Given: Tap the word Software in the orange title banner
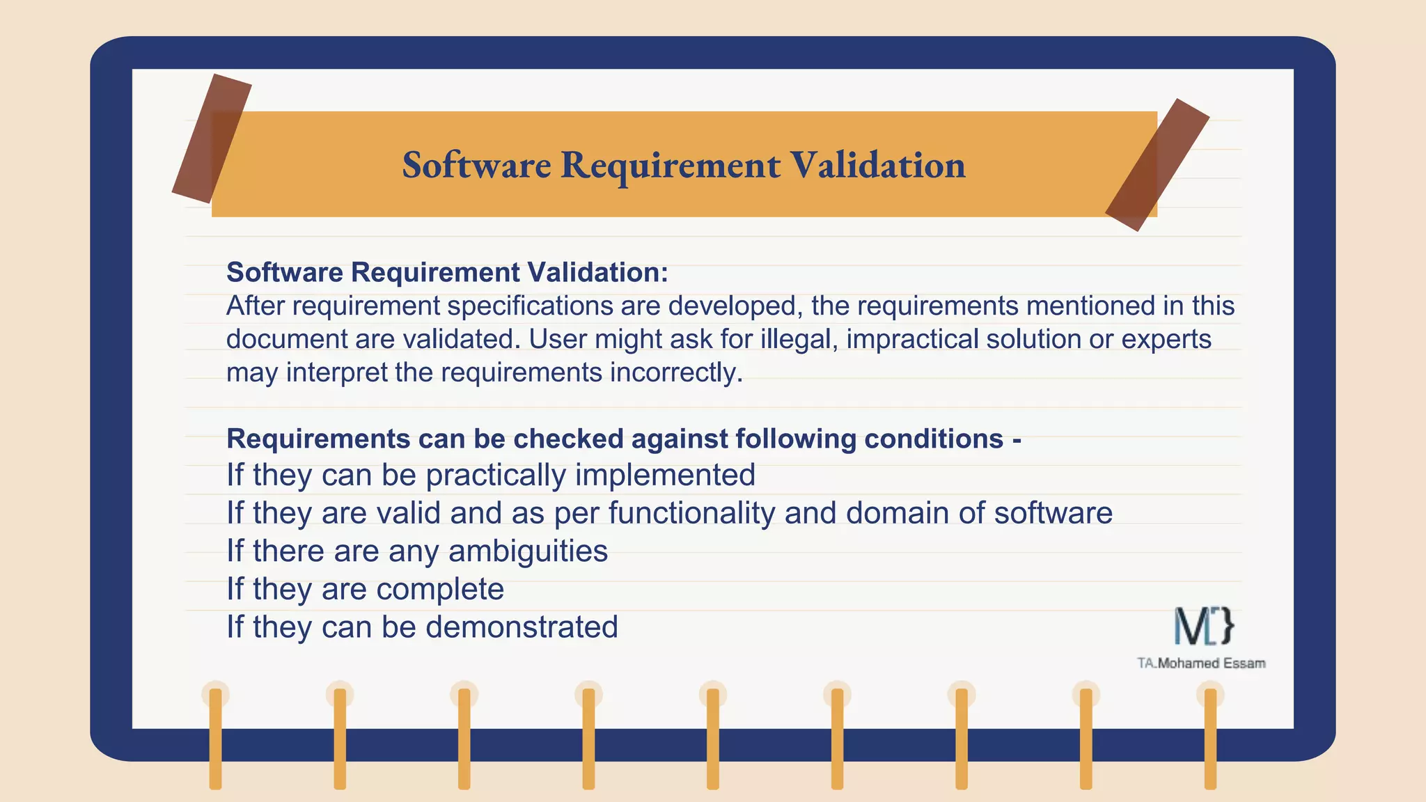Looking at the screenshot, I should pos(476,165).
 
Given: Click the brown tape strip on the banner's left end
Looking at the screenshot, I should pos(211,139).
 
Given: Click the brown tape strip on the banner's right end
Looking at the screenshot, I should pos(1157,165).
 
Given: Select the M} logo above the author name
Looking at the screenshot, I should pos(1204,625).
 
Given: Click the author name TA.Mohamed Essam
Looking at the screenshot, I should pos(1201,663).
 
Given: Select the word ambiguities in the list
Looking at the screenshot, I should pos(528,551).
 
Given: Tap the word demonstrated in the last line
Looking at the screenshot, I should pos(522,627).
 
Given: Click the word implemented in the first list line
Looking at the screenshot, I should pos(665,475).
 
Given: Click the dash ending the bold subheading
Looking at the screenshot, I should pos(1017,440).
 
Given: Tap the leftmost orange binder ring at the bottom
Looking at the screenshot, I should pos(215,738).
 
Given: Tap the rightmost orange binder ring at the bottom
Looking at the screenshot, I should pos(1210,738).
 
